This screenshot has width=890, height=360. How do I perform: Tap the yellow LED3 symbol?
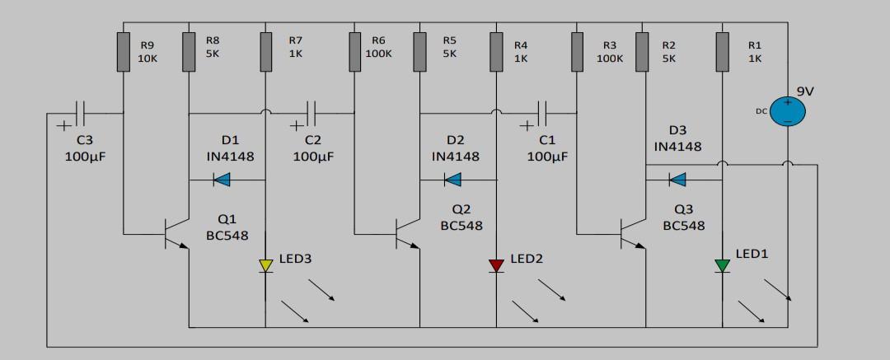click(x=265, y=265)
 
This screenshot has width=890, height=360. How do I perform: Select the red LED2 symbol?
click(x=496, y=265)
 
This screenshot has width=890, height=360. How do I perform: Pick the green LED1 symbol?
click(x=722, y=265)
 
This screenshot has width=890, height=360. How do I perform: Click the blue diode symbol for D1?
click(x=222, y=180)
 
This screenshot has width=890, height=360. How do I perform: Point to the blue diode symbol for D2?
click(x=452, y=180)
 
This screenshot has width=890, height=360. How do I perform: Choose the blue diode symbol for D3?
click(x=677, y=180)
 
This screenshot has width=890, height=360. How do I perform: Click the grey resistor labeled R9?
click(x=124, y=51)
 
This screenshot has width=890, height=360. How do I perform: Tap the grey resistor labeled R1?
click(x=722, y=51)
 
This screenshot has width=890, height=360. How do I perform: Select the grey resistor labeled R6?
click(x=354, y=51)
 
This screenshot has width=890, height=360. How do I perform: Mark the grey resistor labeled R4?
click(x=496, y=51)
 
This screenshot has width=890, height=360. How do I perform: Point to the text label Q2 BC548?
click(x=461, y=217)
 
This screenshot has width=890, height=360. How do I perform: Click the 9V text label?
click(x=805, y=91)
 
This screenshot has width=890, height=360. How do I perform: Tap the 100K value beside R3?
click(x=610, y=58)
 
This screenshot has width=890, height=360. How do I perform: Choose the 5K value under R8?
click(x=212, y=53)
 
